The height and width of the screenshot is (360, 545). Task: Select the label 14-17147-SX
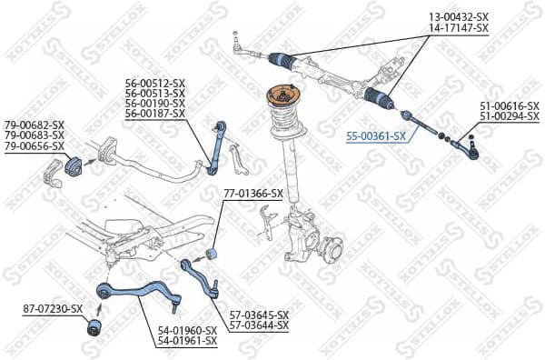click(x=458, y=28)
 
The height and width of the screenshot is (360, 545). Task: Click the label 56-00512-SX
click(x=155, y=83)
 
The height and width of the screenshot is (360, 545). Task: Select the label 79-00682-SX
click(x=35, y=125)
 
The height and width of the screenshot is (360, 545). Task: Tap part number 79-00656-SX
click(x=35, y=145)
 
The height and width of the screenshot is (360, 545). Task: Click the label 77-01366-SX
click(x=253, y=194)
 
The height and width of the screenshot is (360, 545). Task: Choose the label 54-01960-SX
click(x=187, y=330)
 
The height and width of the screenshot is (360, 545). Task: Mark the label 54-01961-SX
click(x=187, y=341)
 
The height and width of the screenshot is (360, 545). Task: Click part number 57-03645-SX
click(x=258, y=315)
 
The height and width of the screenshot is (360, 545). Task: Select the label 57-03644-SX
click(x=258, y=325)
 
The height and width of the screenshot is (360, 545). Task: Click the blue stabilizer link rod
click(x=215, y=145)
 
